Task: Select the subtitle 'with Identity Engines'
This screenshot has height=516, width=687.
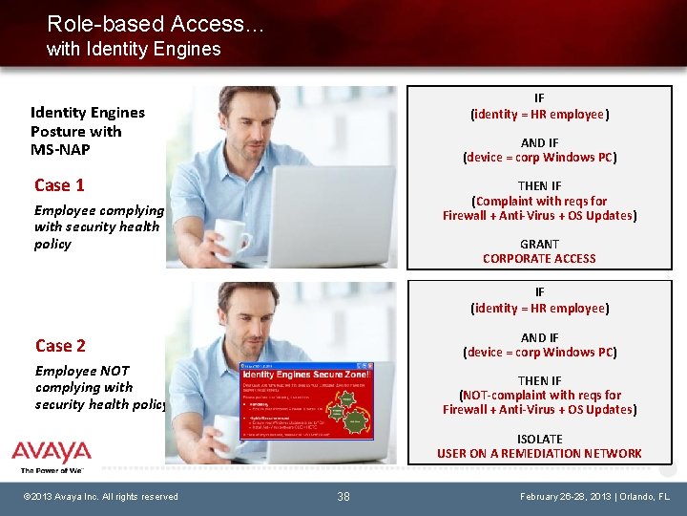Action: coord(134,49)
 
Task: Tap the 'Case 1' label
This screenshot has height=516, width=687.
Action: coord(59,185)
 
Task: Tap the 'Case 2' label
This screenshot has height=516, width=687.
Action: coord(60,346)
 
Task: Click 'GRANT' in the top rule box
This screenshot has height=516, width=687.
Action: coord(539,244)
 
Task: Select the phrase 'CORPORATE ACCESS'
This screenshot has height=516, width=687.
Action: coord(539,259)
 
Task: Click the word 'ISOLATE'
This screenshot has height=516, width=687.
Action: coord(539,439)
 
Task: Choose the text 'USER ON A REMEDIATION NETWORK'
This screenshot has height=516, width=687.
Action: coord(539,453)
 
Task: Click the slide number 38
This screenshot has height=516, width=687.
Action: coord(343,497)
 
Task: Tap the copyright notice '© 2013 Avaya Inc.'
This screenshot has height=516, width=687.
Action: coord(101,497)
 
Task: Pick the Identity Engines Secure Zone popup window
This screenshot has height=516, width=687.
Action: coord(306,400)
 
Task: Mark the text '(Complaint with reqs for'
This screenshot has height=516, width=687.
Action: coord(539,202)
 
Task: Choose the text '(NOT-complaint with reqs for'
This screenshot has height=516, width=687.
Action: coord(539,396)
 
